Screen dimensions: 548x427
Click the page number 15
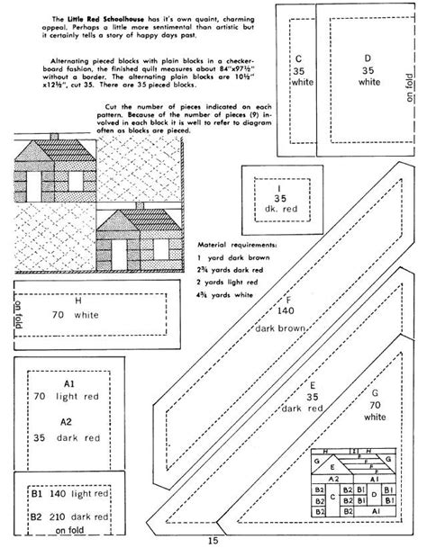tap(213, 540)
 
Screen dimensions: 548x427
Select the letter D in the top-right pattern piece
tap(366, 58)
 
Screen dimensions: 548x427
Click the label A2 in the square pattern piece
tap(65, 421)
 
